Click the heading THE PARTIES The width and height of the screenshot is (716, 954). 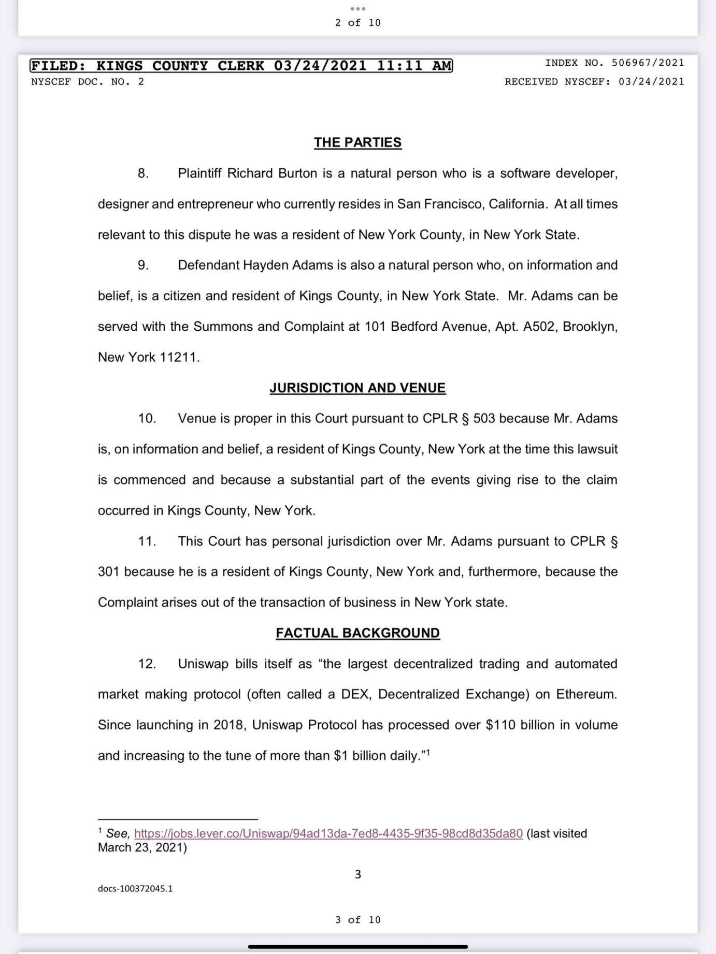click(357, 142)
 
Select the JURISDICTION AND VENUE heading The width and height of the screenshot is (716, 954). click(357, 388)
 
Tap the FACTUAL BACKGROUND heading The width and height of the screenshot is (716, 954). click(357, 633)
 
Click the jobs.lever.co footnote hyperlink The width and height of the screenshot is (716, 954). click(328, 833)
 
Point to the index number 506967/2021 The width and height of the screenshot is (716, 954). click(648, 63)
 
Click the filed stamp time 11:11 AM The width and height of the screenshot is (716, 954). click(414, 66)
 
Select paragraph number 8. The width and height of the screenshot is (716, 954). click(143, 173)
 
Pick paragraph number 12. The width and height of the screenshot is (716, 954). click(147, 664)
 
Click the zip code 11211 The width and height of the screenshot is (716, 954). click(178, 357)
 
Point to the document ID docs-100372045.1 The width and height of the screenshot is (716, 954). click(135, 889)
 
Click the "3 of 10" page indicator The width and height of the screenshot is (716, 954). click(357, 920)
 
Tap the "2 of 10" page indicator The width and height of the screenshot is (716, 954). click(357, 23)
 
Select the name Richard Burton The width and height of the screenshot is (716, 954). click(272, 173)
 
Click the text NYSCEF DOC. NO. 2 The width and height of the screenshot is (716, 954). click(88, 82)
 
